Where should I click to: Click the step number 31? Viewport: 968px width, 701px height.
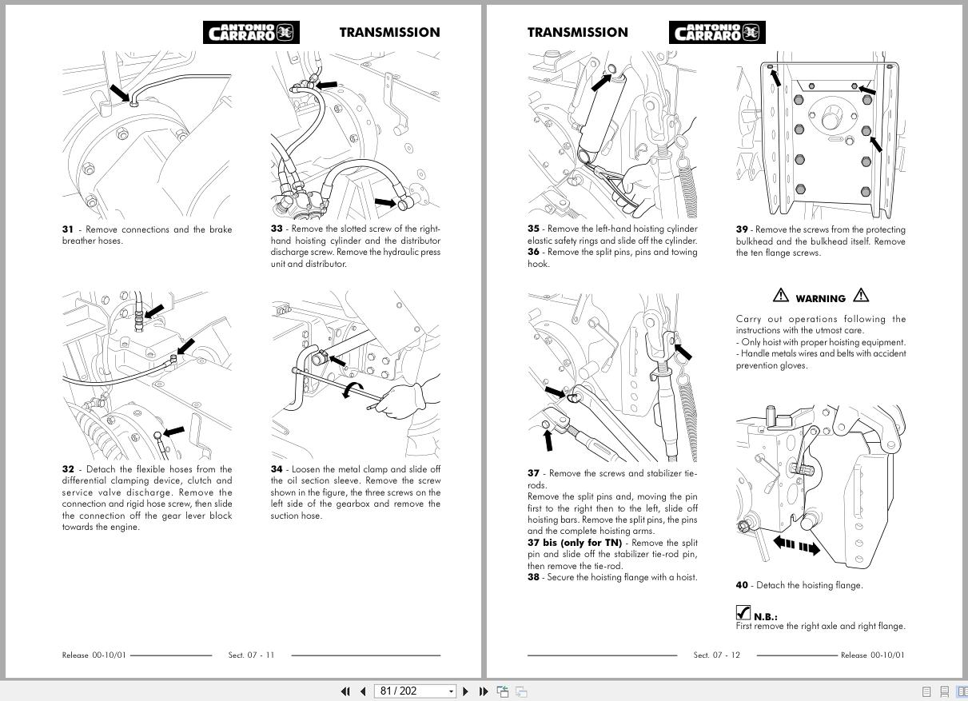(67, 229)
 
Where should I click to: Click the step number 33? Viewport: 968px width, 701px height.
(276, 229)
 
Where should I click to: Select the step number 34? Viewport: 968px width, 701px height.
(276, 469)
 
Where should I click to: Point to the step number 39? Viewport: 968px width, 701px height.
(742, 229)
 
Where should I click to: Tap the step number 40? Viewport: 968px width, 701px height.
(742, 585)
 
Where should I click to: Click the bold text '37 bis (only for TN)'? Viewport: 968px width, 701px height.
(574, 543)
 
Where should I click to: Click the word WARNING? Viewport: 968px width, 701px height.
(820, 298)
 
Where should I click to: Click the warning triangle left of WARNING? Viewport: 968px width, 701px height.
(780, 296)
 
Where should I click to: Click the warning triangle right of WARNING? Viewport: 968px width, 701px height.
(861, 296)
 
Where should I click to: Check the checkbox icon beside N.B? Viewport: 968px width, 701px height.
(743, 613)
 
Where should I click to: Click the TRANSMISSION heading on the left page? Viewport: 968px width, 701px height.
(389, 32)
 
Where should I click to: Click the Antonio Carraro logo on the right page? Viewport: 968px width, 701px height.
(717, 32)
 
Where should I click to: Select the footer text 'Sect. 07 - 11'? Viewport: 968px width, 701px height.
(251, 655)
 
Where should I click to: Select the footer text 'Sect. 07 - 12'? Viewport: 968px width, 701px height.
(716, 655)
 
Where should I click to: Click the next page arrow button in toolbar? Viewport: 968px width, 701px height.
(466, 691)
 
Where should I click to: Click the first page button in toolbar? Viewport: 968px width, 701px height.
(345, 691)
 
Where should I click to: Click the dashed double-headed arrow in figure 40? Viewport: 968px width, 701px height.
(796, 547)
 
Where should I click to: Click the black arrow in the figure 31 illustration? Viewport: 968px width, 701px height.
(118, 93)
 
